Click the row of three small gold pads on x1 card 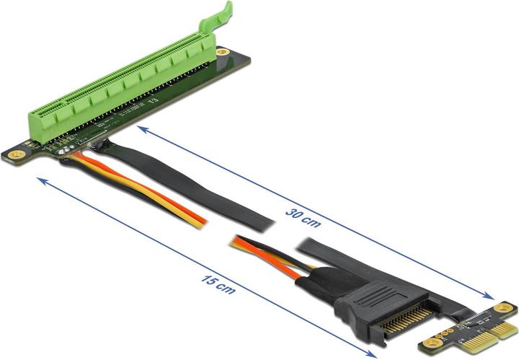point(451,329)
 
